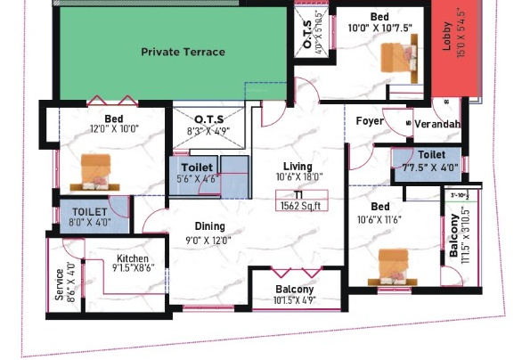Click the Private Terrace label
pyautogui.click(x=183, y=52)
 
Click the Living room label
pyautogui.click(x=298, y=167)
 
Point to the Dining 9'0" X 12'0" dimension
pyautogui.click(x=209, y=239)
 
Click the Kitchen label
pyautogui.click(x=133, y=258)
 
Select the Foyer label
pyautogui.click(x=370, y=121)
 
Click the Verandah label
pyautogui.click(x=437, y=124)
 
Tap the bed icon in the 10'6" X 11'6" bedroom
pyautogui.click(x=395, y=265)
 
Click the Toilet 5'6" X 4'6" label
pyautogui.click(x=197, y=168)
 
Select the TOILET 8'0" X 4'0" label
pyautogui.click(x=89, y=212)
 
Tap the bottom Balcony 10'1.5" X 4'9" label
pyautogui.click(x=294, y=290)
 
